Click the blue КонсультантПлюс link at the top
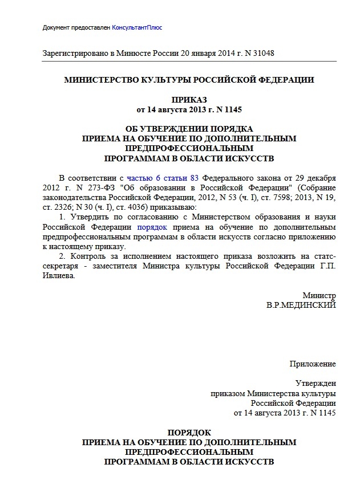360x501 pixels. coord(140,28)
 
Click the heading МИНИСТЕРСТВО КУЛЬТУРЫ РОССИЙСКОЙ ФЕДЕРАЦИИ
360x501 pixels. coord(189,80)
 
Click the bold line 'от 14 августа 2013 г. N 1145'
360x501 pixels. coord(189,109)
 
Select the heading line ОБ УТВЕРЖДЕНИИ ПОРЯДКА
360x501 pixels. coord(189,129)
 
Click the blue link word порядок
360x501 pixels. coord(152,227)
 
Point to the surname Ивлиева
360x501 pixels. coord(58,275)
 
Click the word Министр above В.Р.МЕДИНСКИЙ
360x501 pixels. coord(319,295)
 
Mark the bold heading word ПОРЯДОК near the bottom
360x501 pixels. coord(189,432)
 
